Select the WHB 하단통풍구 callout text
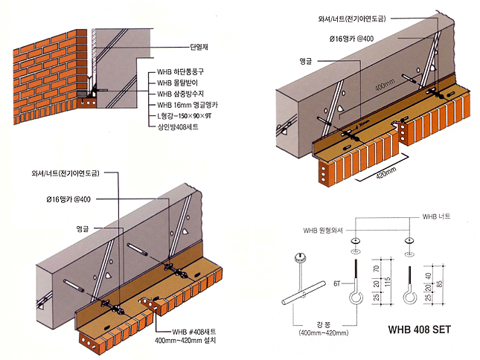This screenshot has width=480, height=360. (x=181, y=72)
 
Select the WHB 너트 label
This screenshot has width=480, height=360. (x=437, y=216)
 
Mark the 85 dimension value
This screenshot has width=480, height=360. (x=440, y=283)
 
